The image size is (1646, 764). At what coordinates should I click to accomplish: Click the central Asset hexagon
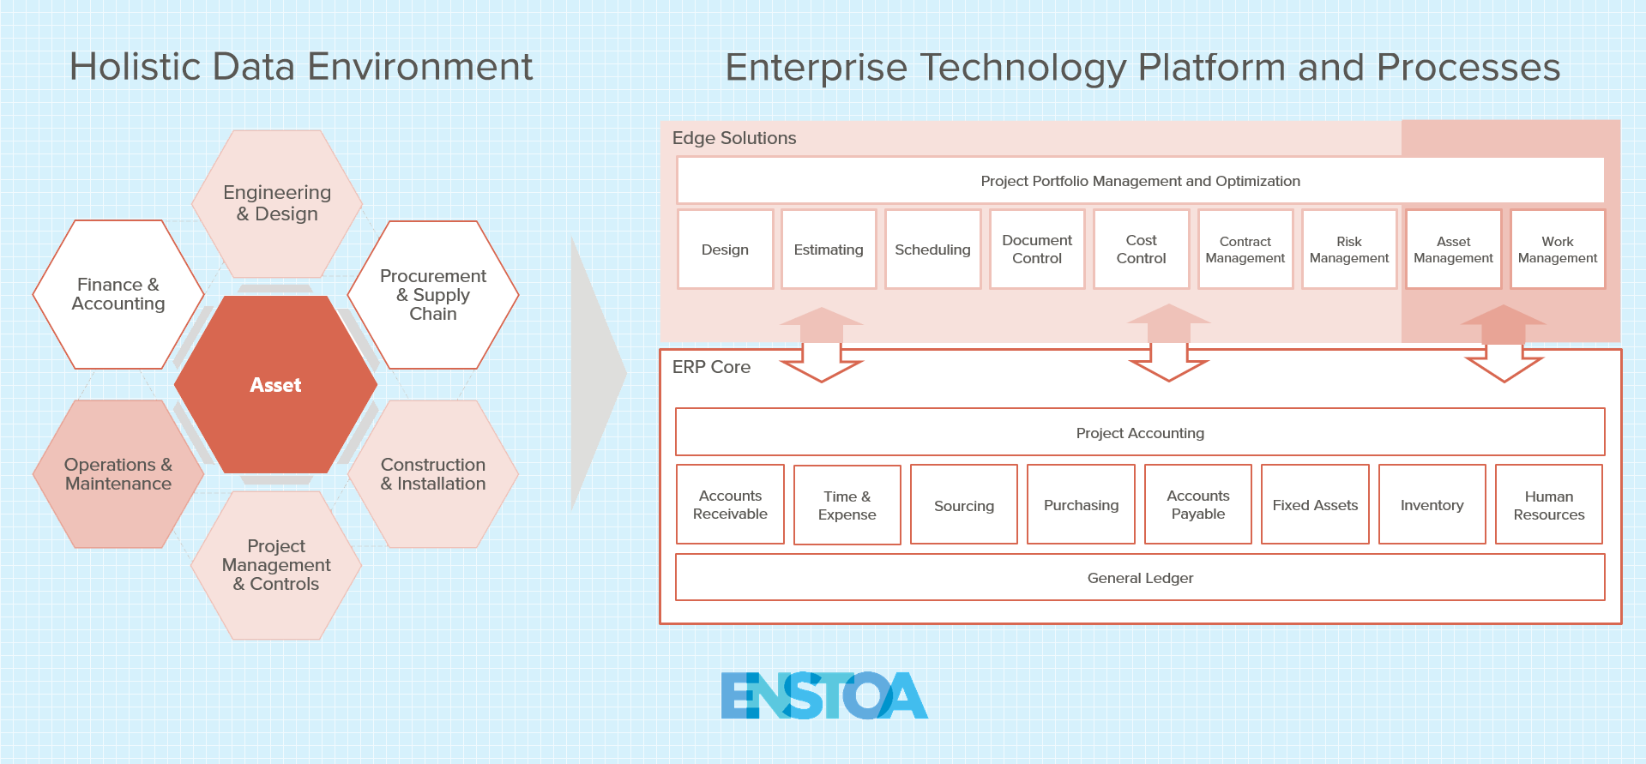(x=275, y=385)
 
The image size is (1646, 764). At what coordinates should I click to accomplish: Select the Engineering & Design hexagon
(x=276, y=203)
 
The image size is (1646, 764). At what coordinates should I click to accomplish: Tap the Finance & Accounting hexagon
(x=118, y=294)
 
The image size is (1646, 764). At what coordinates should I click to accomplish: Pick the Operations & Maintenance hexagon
(x=118, y=474)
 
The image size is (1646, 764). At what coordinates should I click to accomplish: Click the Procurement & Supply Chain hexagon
(x=433, y=295)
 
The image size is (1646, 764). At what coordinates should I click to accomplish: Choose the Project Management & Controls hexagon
(x=276, y=565)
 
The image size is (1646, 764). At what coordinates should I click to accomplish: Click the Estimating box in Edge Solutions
(x=829, y=250)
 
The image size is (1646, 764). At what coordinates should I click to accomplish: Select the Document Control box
(x=1037, y=250)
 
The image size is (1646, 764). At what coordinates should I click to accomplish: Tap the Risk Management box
(x=1349, y=250)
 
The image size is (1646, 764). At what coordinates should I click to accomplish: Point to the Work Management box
(x=1558, y=250)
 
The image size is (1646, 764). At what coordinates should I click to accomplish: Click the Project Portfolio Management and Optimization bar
(x=1140, y=181)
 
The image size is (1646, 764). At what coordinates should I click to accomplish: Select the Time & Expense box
(x=847, y=505)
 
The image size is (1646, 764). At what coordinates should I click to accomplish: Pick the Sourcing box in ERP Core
(x=964, y=505)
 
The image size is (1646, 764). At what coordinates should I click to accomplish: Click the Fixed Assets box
(x=1315, y=505)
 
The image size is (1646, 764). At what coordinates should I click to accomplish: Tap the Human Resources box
(x=1548, y=505)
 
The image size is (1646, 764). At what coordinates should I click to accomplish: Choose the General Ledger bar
(x=1140, y=578)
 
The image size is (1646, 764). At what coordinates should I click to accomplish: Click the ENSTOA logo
(x=824, y=695)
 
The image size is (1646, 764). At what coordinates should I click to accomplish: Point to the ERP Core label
(x=711, y=367)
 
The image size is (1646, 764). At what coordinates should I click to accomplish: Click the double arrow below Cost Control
(x=1168, y=343)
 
